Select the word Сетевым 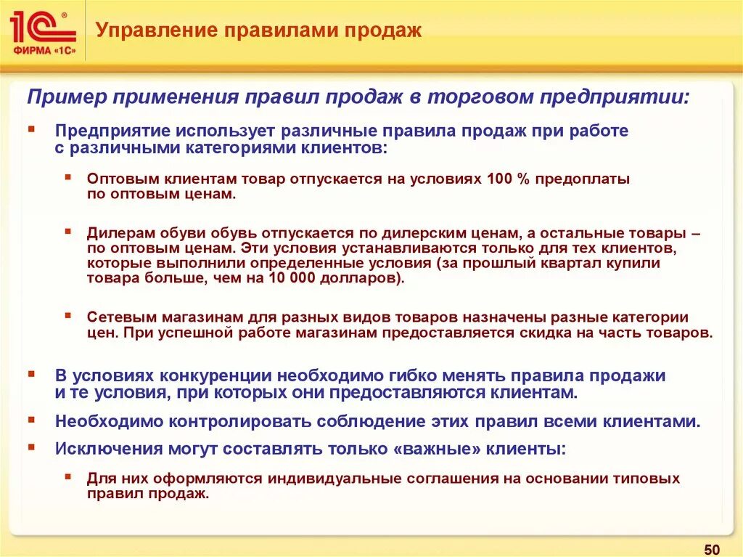coord(116,317)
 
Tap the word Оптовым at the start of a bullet coord(118,179)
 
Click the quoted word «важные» coord(438,449)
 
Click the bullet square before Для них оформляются coord(67,476)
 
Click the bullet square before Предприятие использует coord(32,129)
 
